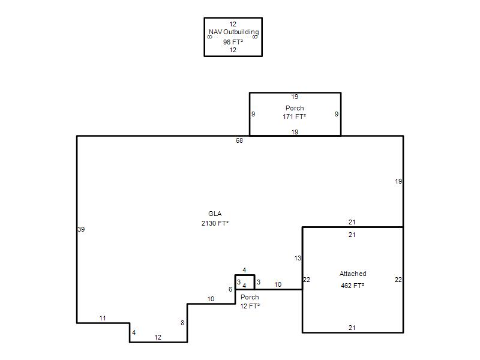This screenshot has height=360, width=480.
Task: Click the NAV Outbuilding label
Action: pos(234,32)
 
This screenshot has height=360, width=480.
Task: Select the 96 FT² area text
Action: pos(233,42)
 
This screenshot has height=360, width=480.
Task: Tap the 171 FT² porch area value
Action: pos(295,116)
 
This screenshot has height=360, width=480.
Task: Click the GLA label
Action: pos(215,214)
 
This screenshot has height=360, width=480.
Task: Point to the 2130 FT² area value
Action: pos(215,223)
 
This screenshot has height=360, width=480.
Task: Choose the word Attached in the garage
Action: pos(353,274)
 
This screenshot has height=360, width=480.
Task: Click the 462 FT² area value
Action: pos(352,286)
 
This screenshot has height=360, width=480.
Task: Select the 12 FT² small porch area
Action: pos(250,306)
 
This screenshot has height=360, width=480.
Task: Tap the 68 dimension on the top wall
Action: pos(239,140)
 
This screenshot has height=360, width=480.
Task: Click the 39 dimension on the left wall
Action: pos(81,229)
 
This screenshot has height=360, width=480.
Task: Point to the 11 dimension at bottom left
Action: pos(103,319)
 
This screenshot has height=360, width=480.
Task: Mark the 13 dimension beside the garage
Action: pos(298,259)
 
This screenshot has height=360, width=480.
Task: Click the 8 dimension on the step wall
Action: pos(182,323)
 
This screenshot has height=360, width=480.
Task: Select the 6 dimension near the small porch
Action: pos(230,289)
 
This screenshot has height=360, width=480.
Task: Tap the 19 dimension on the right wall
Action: pos(398,181)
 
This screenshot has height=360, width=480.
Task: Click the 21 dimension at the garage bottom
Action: pos(352,328)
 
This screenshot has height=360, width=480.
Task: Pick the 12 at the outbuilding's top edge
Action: pos(233,24)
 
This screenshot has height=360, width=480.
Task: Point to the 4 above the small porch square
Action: pos(244,270)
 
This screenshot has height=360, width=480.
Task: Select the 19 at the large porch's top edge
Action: pos(295,97)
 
